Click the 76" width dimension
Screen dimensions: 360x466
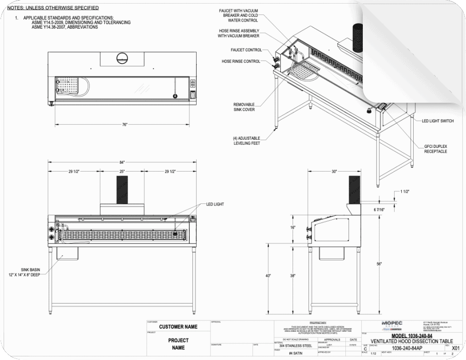click(125, 124)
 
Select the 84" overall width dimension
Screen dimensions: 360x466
click(122, 162)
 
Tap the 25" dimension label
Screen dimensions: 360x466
click(122, 171)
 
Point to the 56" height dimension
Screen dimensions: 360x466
click(379, 263)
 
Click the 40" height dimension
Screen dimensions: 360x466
click(268, 276)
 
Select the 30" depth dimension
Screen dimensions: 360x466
click(334, 171)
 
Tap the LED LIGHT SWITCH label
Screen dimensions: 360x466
click(437, 121)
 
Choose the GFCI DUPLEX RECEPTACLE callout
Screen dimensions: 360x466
click(436, 149)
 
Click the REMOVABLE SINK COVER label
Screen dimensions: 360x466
click(244, 107)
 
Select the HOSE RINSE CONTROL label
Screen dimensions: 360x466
click(241, 61)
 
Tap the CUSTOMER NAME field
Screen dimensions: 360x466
click(178, 327)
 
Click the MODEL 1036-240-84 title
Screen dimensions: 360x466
click(404, 336)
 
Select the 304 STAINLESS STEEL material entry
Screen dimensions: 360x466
click(293, 346)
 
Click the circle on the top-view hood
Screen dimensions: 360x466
click(122, 58)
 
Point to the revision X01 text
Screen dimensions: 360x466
click(455, 348)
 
